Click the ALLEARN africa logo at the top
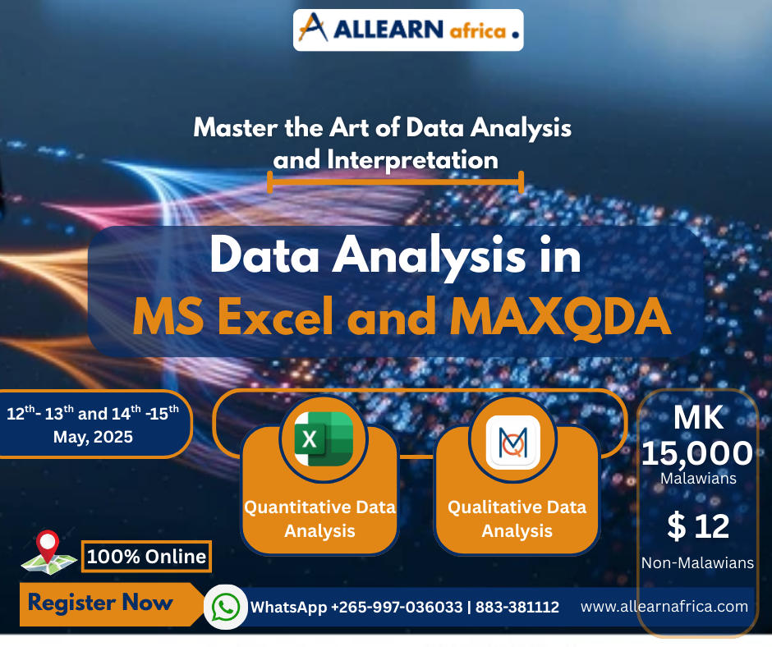408,30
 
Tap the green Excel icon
318,438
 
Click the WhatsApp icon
225,607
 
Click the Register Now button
101,603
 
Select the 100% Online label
146,556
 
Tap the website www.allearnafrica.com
664,607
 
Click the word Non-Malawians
697,562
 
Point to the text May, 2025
93,437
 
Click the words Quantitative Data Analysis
319,519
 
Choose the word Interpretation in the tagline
385,159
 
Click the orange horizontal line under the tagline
396,181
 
